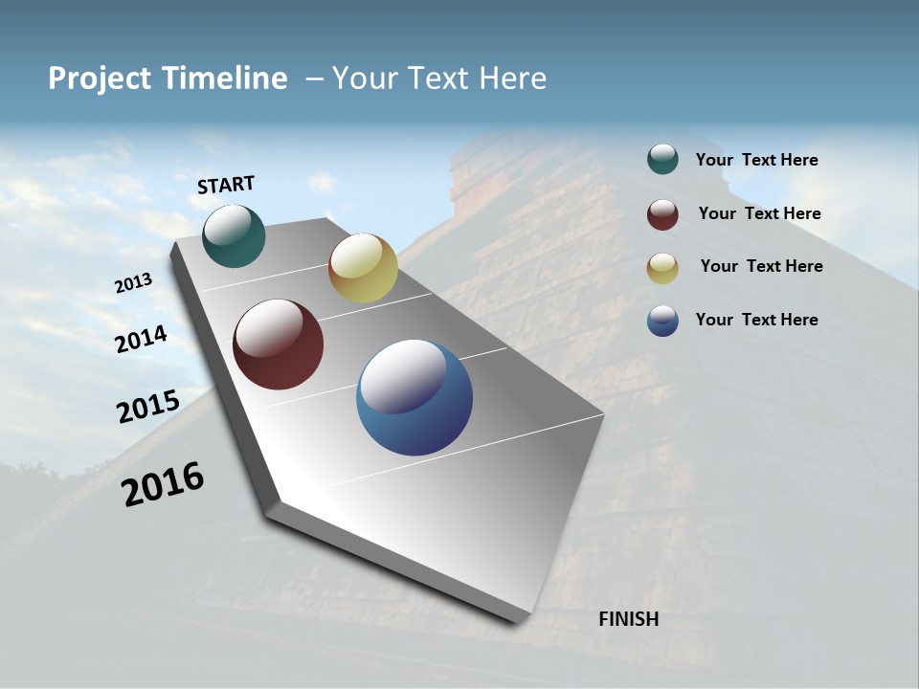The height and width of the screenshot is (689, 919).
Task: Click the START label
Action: [x=226, y=185]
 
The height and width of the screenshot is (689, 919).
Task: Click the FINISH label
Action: [x=628, y=619]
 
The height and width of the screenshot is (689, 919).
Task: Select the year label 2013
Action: [x=134, y=283]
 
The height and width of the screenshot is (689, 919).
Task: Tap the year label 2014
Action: [x=142, y=339]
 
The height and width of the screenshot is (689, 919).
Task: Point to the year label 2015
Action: [x=148, y=407]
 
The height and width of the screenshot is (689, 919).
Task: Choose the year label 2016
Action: [x=163, y=483]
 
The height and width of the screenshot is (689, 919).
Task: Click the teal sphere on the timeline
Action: [x=234, y=236]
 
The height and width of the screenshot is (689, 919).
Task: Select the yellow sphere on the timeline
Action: [x=363, y=268]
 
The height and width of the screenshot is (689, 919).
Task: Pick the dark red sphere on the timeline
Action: [x=279, y=344]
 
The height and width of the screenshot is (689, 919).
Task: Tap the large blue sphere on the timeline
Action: [x=415, y=397]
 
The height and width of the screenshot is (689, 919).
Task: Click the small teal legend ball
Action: [x=662, y=160]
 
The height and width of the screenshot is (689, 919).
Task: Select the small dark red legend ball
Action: [x=662, y=214]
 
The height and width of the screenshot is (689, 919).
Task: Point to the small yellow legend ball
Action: [x=662, y=268]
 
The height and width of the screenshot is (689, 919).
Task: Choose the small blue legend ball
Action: [x=662, y=321]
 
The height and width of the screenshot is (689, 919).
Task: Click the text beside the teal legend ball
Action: [x=756, y=160]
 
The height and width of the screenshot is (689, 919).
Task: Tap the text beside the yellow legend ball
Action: [x=761, y=266]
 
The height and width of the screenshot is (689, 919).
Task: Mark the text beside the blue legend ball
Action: [x=756, y=320]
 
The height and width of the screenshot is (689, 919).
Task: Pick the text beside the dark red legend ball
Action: [x=759, y=213]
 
